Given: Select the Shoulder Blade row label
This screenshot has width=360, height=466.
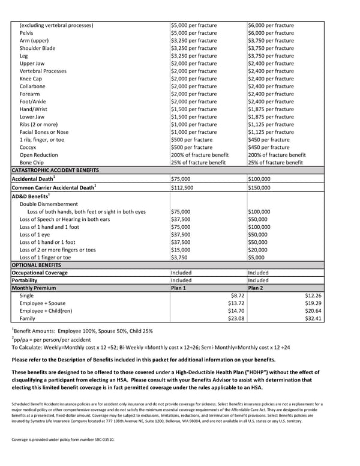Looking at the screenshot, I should (37, 48).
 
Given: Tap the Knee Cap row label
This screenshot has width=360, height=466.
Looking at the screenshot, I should (31, 79).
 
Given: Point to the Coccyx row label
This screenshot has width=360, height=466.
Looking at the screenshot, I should (28, 147).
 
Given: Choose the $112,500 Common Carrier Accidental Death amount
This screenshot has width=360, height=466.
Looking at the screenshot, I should (184, 187).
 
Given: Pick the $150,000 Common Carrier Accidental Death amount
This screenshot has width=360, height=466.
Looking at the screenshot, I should (260, 187).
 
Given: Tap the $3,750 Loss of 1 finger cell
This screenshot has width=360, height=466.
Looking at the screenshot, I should (181, 258).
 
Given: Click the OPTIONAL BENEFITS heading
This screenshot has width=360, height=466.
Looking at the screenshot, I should (36, 265).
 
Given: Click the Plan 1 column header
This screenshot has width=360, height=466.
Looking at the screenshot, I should (179, 288).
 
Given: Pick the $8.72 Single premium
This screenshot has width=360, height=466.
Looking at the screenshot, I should (238, 295).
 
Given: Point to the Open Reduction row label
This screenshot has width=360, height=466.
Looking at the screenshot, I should (39, 155).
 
